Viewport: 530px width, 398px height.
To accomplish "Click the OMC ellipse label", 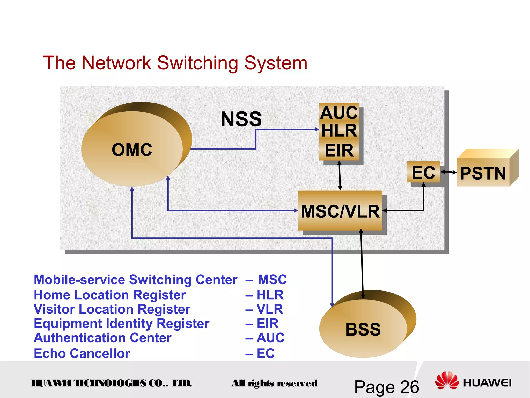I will coord(132,150).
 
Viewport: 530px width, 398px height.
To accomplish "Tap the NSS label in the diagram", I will coord(241,119).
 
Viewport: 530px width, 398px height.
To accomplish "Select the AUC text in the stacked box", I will coord(339,113).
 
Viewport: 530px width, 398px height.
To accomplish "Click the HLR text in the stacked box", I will coord(339,131).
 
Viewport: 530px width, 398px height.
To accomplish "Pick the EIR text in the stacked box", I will coord(339,151).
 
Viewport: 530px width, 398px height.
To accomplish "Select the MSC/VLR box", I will coord(340,211).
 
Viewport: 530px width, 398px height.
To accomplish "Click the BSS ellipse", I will coord(363,329).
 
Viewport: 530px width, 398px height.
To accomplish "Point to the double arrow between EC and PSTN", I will coord(448,172).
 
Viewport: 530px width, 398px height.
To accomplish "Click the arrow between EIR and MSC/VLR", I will coord(340,176).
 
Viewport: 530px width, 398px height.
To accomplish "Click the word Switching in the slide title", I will coord(197,63).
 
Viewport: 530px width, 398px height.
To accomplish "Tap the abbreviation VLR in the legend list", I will coord(270,309).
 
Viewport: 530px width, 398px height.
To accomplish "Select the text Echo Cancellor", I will coord(82,353).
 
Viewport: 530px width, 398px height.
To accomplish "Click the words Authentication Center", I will coord(102,338).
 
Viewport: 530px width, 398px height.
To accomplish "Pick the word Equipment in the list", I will coord(68,324).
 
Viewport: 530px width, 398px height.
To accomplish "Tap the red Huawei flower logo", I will coord(447,381).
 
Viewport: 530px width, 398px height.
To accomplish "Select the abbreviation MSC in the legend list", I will coord(272,280).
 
